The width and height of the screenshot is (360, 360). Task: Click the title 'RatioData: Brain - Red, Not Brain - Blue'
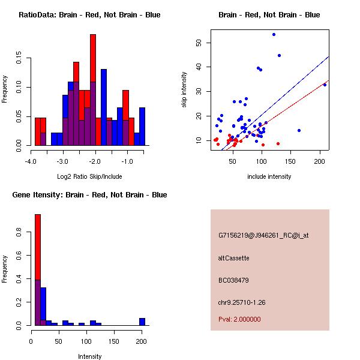point(89,15)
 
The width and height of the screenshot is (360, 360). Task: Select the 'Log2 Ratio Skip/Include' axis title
point(89,176)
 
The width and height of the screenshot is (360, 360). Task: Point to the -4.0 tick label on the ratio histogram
point(31,161)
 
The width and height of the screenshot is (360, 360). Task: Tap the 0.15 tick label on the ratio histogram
point(19,60)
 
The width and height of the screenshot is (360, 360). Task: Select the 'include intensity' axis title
point(269,176)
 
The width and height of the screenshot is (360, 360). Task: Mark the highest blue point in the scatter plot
point(274,34)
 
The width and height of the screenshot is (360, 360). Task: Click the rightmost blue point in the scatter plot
point(325,85)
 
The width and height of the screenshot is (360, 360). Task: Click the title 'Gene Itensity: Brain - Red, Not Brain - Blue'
point(89,195)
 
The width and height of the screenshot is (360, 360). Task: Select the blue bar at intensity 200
point(142,322)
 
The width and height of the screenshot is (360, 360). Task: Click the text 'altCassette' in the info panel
point(233,258)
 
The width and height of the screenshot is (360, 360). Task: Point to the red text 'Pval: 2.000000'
point(239,319)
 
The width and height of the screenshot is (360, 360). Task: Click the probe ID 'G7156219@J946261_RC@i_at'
point(263,236)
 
